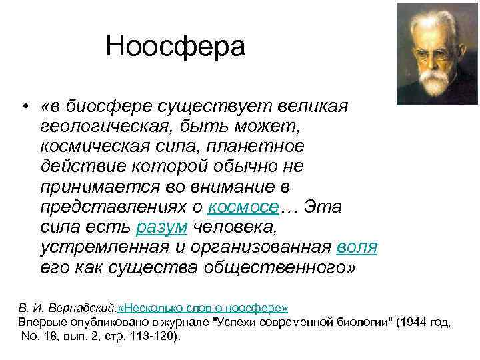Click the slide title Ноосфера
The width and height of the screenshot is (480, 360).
[x=175, y=47]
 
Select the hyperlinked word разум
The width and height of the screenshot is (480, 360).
[x=162, y=227]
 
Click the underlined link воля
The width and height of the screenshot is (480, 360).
[x=357, y=247]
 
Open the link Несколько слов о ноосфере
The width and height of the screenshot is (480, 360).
[x=203, y=308]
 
